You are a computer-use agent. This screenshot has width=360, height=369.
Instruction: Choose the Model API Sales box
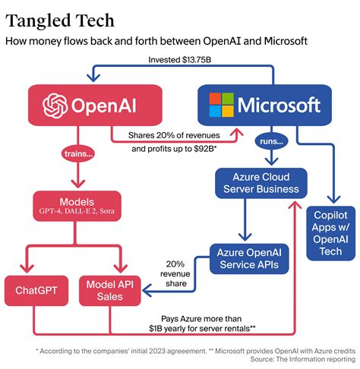tap(109, 289)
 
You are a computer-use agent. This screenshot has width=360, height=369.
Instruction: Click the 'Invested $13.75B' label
tap(178, 58)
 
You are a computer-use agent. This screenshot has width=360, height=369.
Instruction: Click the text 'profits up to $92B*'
tap(173, 149)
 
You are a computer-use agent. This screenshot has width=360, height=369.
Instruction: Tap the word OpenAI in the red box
tap(110, 104)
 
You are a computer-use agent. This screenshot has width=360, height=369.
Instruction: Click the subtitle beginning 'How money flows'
tap(156, 39)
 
